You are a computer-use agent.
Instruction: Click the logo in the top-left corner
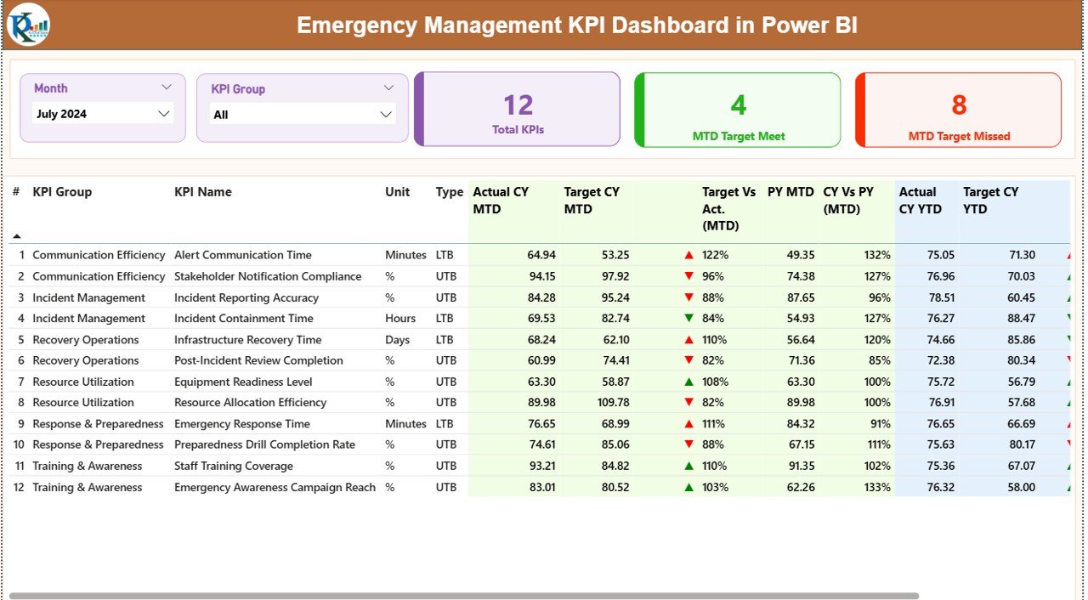coord(28,25)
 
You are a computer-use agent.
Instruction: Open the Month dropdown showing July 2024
coord(103,114)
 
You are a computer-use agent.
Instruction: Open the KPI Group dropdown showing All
coord(302,115)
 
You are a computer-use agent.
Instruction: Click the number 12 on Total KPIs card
coord(518,105)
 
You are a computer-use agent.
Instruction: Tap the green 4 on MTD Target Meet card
coord(738,105)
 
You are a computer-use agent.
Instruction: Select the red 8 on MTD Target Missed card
coord(959,105)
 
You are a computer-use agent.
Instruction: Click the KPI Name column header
coord(203,192)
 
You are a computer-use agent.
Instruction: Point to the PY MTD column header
coord(790,192)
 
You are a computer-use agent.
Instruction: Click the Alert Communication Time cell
coord(243,255)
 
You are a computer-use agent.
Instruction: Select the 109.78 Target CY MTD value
coord(610,403)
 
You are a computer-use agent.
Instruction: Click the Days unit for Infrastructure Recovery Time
coord(397,340)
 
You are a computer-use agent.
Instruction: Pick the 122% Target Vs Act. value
coord(715,255)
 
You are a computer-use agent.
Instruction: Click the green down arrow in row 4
coord(688,319)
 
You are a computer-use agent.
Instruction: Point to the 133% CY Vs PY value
coord(877,487)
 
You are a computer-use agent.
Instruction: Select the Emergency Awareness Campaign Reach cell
coord(275,487)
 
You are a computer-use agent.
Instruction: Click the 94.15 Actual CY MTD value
coord(541,276)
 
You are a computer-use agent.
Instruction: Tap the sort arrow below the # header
coord(16,236)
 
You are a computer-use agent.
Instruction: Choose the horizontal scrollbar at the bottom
coord(463,596)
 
